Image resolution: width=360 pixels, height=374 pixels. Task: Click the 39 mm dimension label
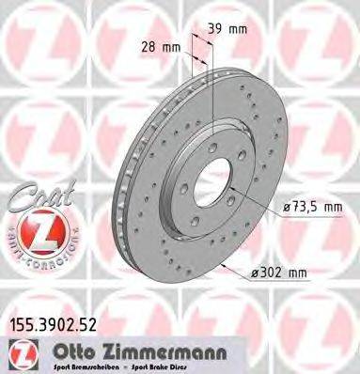[232, 30]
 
